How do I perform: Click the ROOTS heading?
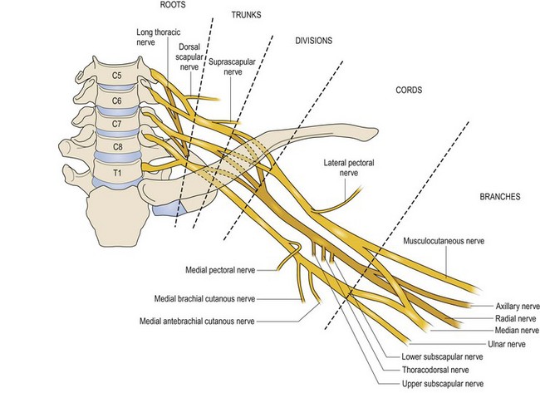[172, 5]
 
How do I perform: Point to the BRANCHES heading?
[500, 198]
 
